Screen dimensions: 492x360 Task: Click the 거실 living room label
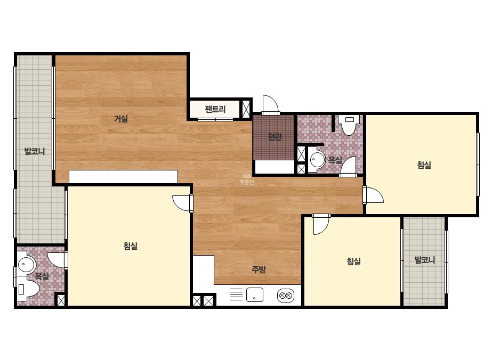pos(121,119)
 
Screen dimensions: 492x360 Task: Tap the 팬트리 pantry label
pos(215,109)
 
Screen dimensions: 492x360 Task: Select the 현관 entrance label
pos(275,137)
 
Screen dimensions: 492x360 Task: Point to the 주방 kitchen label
pos(259,269)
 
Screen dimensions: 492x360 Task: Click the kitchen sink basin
pos(255,295)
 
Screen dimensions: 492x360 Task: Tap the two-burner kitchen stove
pos(286,296)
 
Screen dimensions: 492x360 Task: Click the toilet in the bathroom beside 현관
pos(349,125)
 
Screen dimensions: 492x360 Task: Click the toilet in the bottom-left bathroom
pos(28,289)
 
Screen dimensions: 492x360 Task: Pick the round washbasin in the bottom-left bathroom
pos(26,265)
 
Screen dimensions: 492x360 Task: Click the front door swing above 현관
pos(270,105)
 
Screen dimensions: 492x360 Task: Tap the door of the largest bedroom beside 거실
pos(182,203)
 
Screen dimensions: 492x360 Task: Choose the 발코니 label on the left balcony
pos(35,151)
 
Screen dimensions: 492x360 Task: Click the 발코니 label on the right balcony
pos(424,260)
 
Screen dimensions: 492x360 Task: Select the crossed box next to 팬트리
pos(246,109)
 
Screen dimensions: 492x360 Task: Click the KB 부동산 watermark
pos(247,179)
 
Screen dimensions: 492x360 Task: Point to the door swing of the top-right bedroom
pos(373,195)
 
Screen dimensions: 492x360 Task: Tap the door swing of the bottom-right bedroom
pos(321,224)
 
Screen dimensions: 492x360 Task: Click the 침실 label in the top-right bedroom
pos(424,165)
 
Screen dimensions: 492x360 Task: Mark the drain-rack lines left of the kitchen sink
pos(236,294)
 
